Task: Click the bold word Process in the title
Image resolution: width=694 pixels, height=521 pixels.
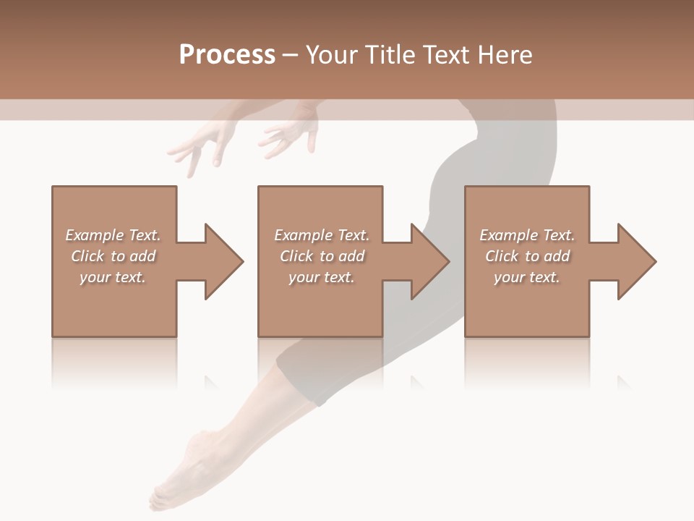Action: [x=227, y=55]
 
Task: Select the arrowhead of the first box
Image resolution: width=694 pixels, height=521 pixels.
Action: [x=220, y=261]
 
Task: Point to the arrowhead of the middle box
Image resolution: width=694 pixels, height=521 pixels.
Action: [x=427, y=261]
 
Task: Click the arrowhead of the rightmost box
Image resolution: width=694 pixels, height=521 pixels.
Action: [x=634, y=261]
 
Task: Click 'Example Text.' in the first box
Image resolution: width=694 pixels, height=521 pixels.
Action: [x=113, y=235]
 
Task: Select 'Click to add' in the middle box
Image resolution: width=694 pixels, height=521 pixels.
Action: [x=322, y=256]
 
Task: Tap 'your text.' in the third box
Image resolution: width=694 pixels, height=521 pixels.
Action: [x=526, y=277]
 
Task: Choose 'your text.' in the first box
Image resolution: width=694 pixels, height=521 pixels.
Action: [x=113, y=277]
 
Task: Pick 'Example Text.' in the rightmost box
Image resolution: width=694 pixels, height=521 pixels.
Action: [x=527, y=235]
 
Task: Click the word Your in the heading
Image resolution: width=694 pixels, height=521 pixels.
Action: [x=330, y=55]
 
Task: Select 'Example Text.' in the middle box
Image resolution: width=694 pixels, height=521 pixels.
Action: [x=322, y=235]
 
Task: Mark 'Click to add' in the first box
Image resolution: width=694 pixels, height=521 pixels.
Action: [x=113, y=256]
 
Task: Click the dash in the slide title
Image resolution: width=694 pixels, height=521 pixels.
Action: [x=290, y=55]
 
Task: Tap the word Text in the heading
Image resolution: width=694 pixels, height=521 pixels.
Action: [x=448, y=55]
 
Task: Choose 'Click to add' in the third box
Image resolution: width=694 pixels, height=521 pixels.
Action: [x=527, y=256]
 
